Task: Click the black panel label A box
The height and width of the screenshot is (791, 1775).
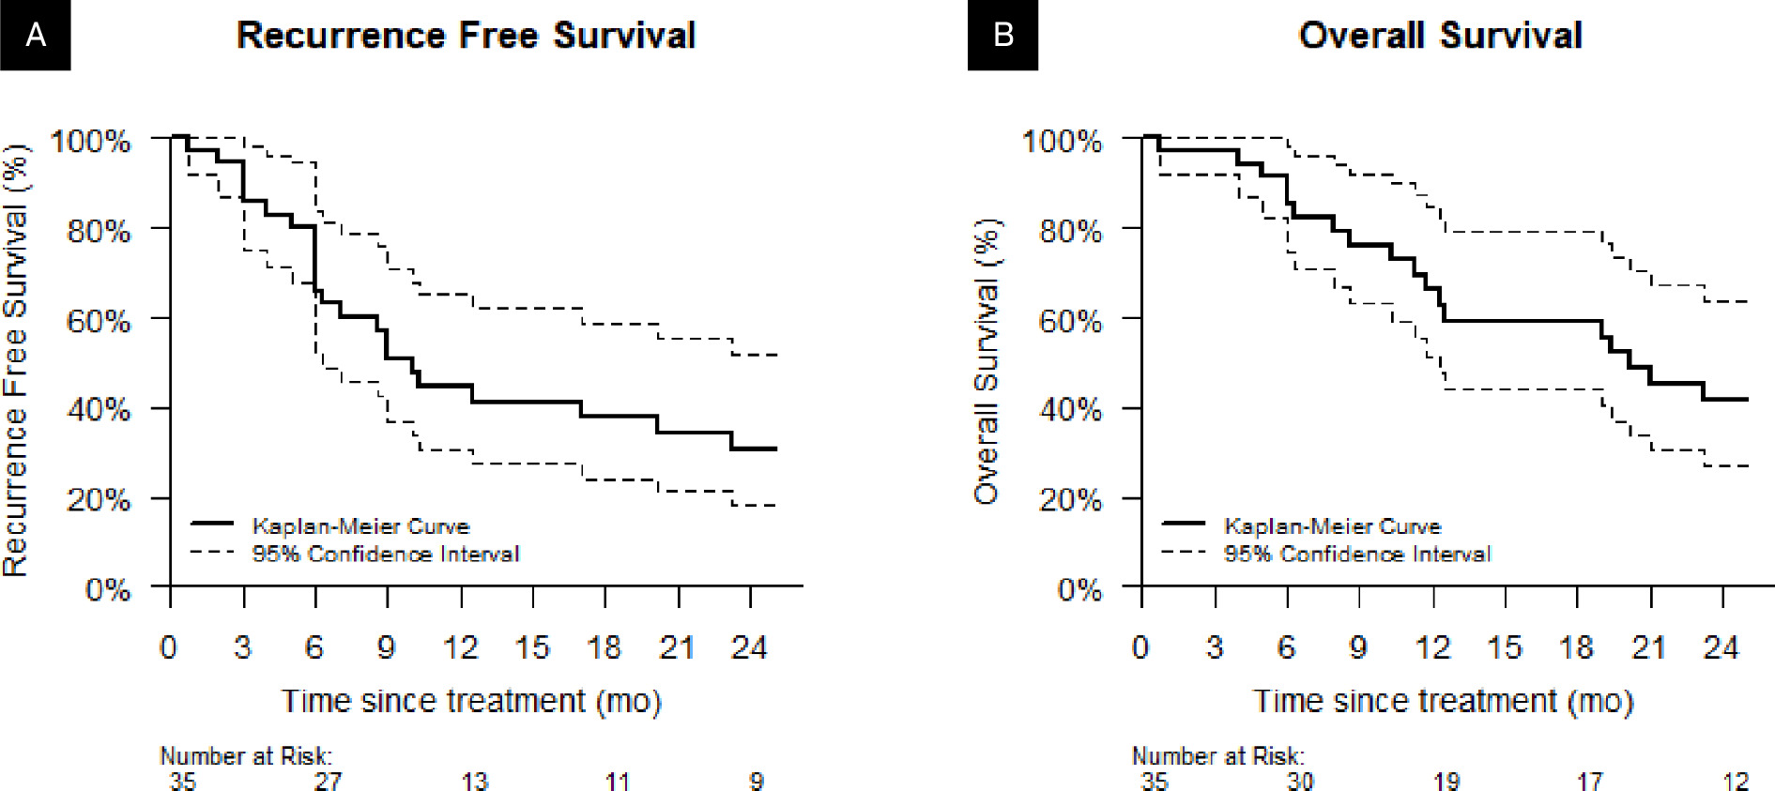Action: pos(35,35)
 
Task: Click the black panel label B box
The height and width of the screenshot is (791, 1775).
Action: pos(1002,35)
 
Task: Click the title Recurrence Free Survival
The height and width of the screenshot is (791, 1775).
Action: pos(466,36)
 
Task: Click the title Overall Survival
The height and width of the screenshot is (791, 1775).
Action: pos(1440,36)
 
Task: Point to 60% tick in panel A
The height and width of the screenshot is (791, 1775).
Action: pos(99,321)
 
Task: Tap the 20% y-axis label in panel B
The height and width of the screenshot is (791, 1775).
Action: pos(1070,499)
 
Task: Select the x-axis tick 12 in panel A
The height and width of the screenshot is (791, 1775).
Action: pos(460,647)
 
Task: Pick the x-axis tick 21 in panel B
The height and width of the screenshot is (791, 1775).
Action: pos(1649,647)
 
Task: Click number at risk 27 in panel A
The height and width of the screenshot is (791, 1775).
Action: pos(328,781)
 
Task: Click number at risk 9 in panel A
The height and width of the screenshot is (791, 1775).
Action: pos(757,781)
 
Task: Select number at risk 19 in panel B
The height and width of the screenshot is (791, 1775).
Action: pos(1446,781)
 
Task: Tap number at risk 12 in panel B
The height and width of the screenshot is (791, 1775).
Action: pos(1736,781)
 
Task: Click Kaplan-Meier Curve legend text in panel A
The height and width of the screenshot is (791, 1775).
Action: pos(360,526)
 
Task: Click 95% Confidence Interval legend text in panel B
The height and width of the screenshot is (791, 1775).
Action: pos(1356,555)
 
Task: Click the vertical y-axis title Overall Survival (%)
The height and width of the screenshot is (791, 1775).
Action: pos(986,361)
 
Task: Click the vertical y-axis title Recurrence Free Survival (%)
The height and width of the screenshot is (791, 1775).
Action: pos(15,361)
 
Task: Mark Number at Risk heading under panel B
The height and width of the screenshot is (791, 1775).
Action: pos(1217,756)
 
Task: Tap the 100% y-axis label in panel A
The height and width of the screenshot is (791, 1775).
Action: pos(90,142)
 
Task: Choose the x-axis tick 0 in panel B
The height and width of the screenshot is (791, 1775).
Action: pos(1140,647)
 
